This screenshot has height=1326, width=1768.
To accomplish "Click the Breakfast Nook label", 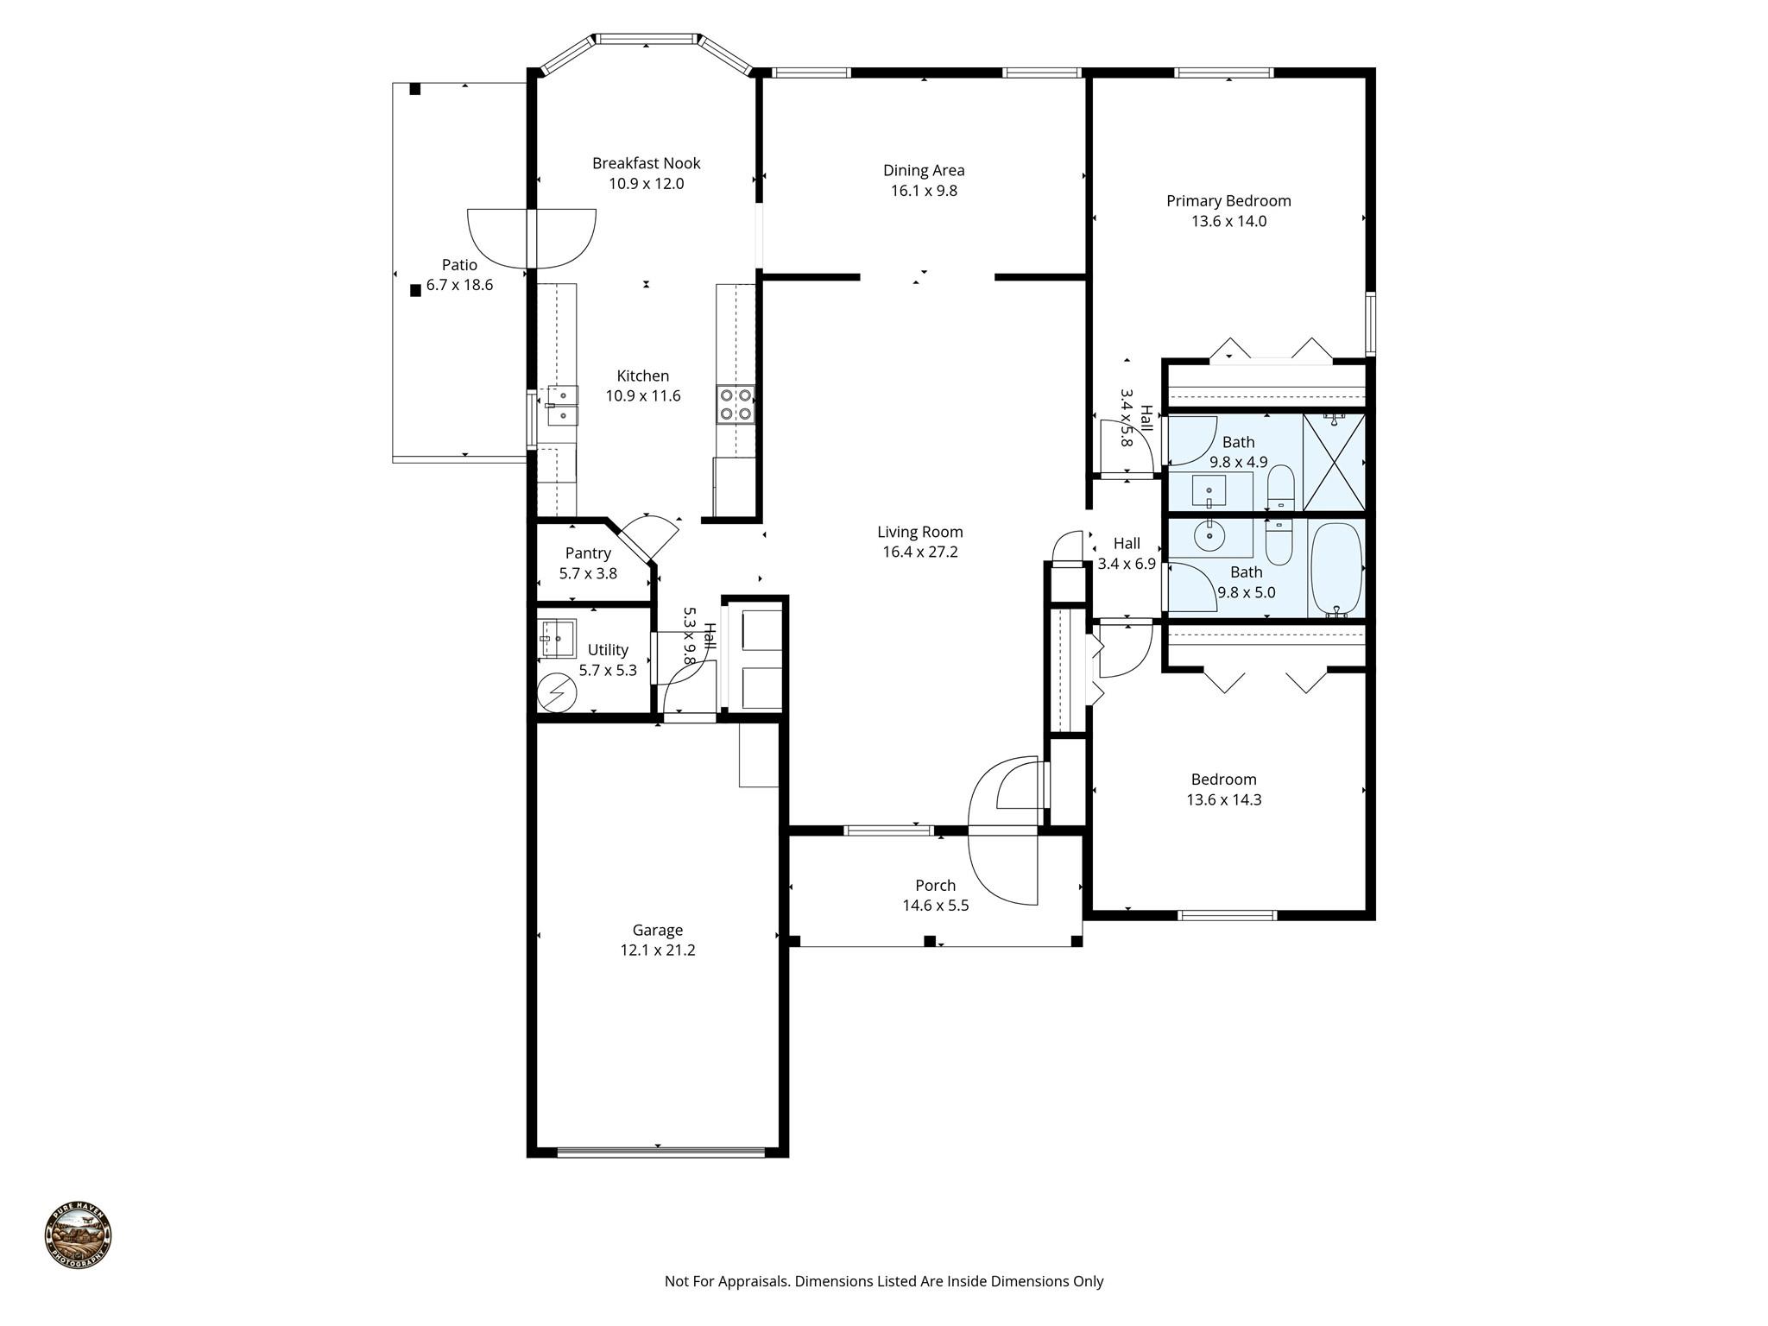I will [646, 163].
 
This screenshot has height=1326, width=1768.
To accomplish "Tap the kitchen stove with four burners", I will [735, 405].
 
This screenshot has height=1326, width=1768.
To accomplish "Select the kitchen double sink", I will [562, 406].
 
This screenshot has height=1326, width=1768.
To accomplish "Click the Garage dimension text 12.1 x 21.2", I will [657, 950].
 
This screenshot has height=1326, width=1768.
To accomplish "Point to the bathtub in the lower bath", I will [1336, 567].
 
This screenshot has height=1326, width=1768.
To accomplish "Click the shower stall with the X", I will [1334, 463].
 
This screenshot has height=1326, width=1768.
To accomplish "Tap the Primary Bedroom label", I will [1228, 201].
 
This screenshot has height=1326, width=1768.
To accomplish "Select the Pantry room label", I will [588, 553].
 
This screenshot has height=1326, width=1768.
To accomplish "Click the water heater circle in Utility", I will [557, 692].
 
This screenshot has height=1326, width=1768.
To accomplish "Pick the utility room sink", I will [557, 639].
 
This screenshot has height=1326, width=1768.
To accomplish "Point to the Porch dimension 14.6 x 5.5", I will [935, 906].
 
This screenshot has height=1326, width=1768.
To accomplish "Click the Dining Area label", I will [924, 171].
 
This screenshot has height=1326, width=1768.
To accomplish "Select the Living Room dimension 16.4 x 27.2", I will [919, 552].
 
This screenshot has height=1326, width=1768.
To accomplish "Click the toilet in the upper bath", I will [1280, 487].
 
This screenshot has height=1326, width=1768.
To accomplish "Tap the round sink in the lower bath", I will [1210, 536].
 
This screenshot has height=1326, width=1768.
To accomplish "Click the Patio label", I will [459, 265].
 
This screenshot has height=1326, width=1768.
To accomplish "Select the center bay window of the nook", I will [647, 39].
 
